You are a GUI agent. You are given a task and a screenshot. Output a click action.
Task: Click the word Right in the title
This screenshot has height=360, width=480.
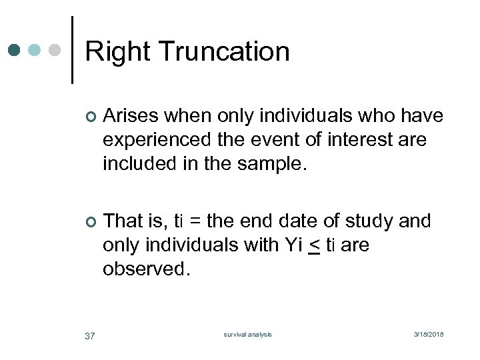117,52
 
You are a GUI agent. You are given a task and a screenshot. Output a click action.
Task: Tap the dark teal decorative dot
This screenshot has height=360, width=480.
15,50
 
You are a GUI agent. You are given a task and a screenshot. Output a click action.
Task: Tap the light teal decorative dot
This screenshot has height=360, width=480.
35,50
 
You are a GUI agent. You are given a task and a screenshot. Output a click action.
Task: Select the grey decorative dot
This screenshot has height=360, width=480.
55,50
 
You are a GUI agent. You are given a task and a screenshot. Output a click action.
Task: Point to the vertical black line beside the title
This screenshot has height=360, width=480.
72,50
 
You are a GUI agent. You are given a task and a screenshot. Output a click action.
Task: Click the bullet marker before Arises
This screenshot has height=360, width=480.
91,117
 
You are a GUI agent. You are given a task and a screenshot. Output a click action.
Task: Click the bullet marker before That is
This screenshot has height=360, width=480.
91,221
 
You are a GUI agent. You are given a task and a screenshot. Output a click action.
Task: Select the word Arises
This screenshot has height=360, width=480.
131,116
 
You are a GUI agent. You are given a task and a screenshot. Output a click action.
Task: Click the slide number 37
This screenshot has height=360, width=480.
90,335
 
